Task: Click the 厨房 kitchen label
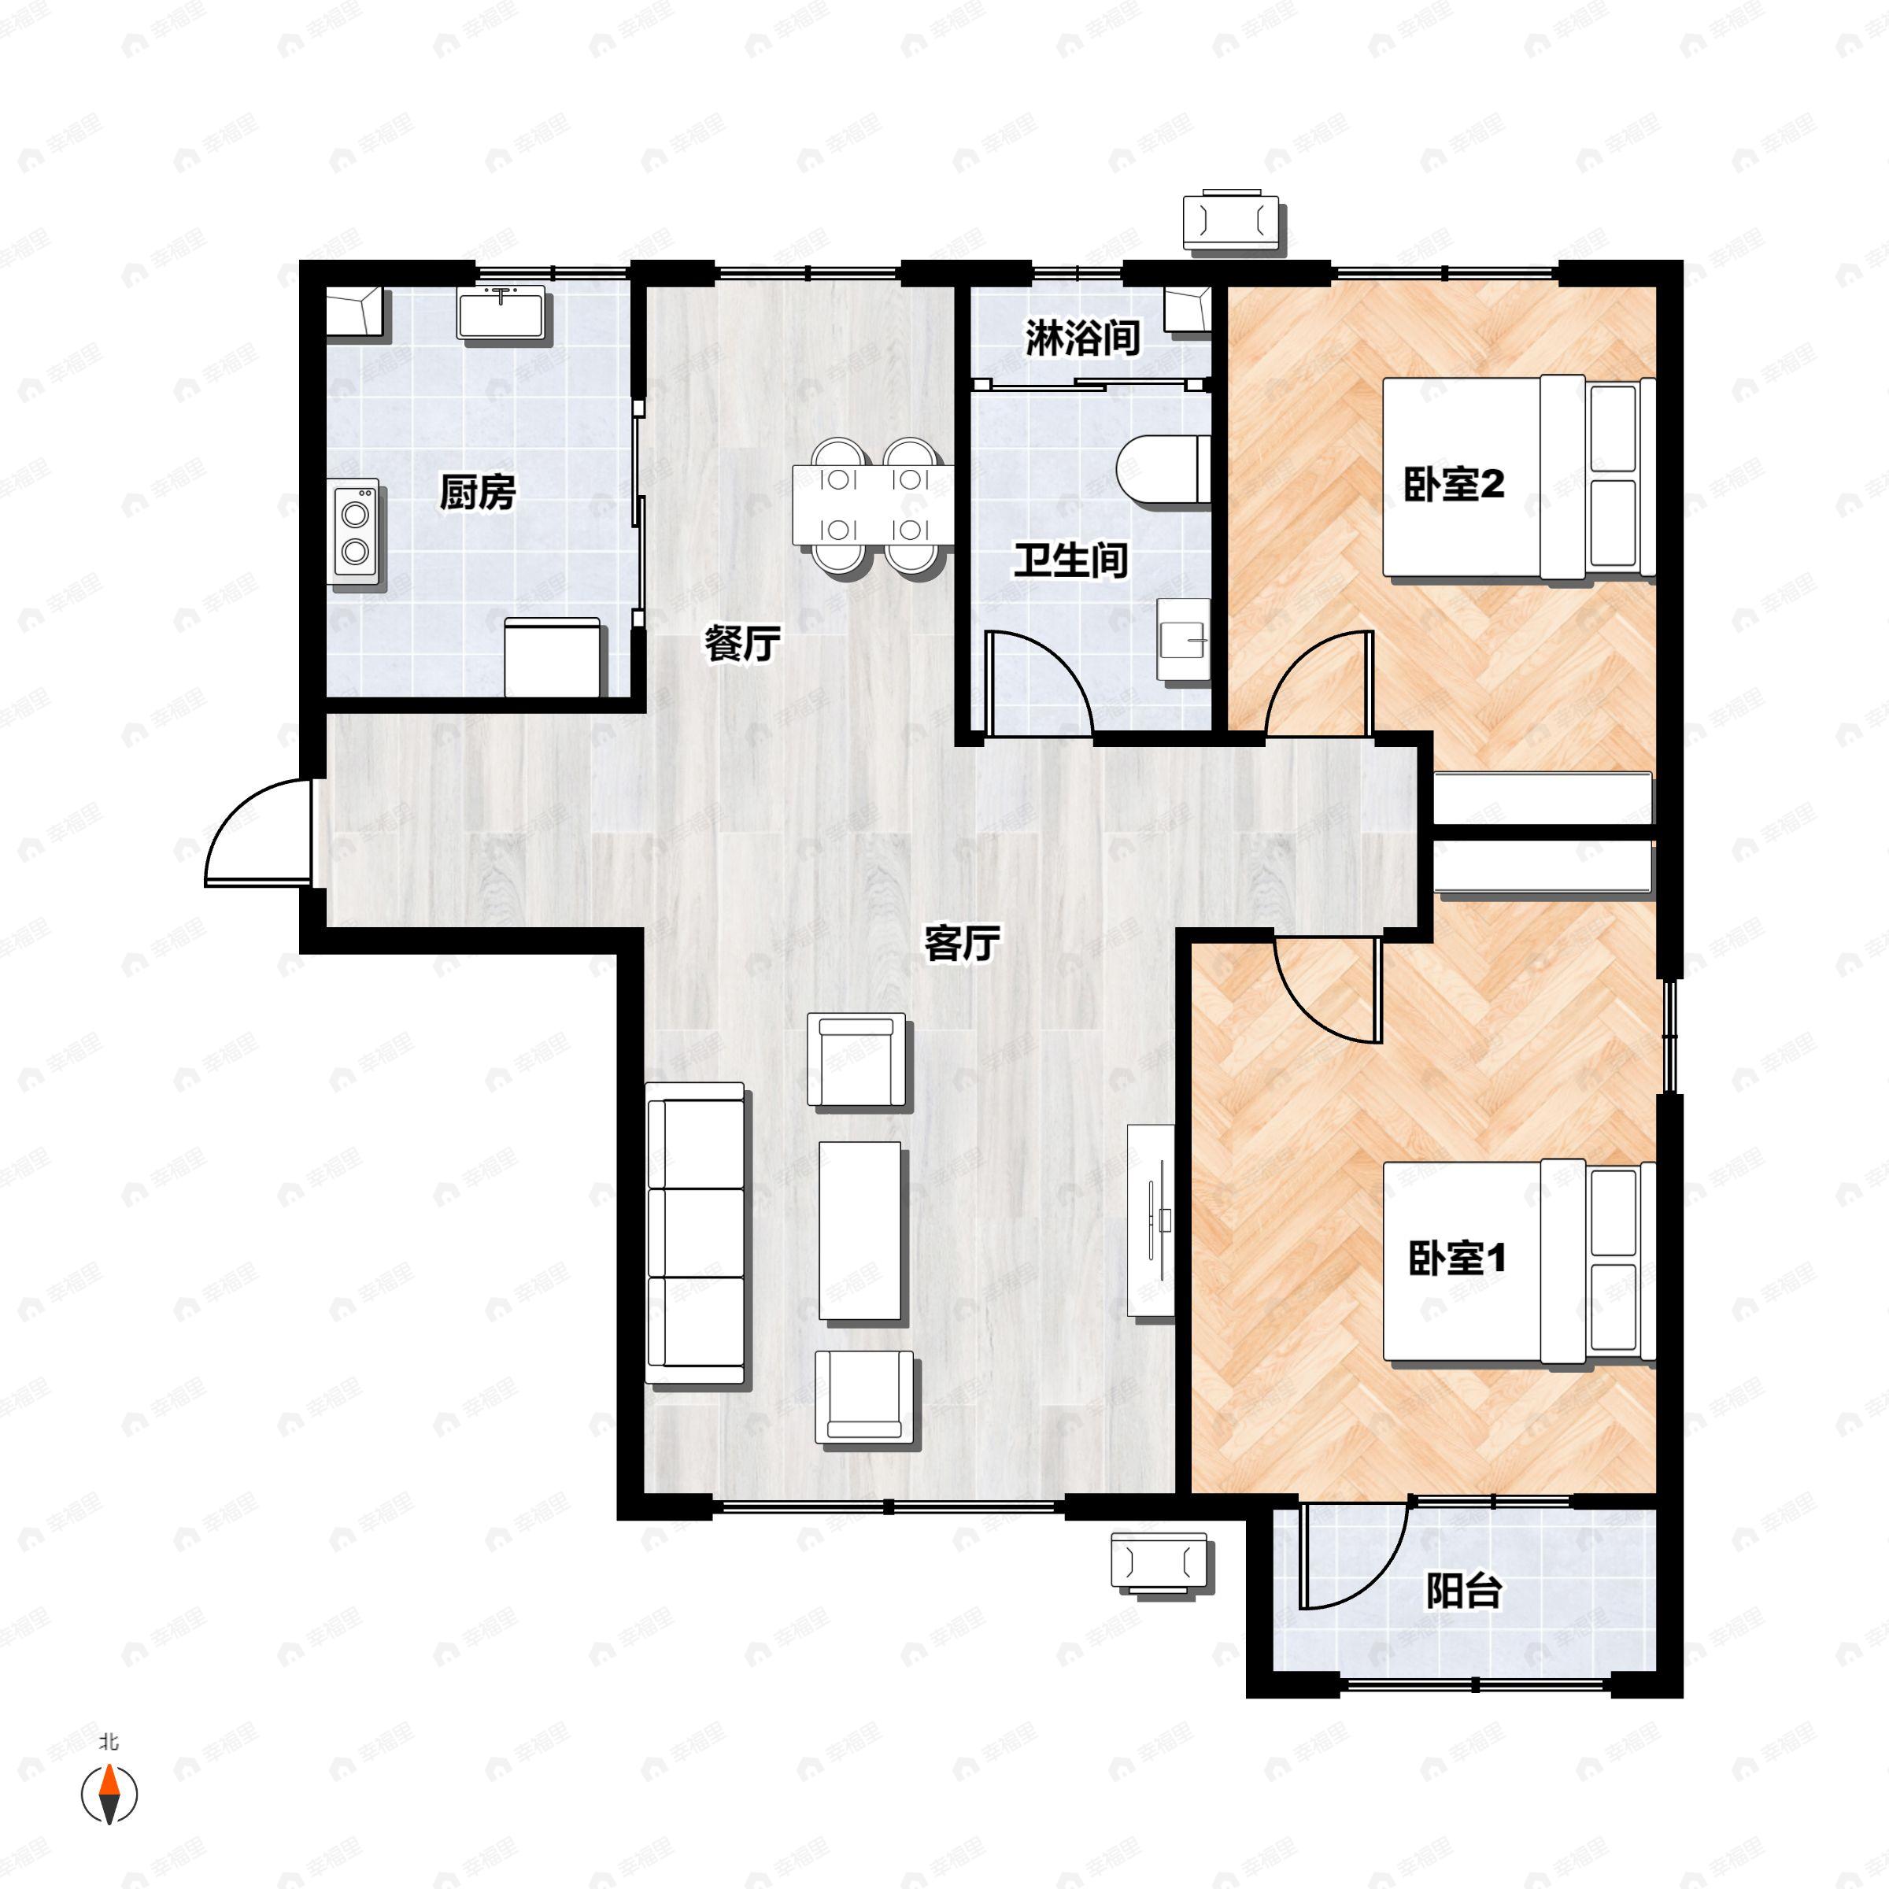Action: click(x=477, y=492)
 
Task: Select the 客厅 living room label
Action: click(x=961, y=944)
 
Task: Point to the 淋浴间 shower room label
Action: click(x=1082, y=338)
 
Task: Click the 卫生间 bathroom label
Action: click(x=1070, y=561)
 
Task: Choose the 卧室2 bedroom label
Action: click(x=1453, y=485)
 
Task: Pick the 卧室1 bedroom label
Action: click(x=1457, y=1258)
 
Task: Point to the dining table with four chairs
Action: click(x=872, y=505)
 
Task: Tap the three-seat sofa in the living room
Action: click(x=695, y=1234)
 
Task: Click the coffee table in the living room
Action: click(x=860, y=1231)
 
